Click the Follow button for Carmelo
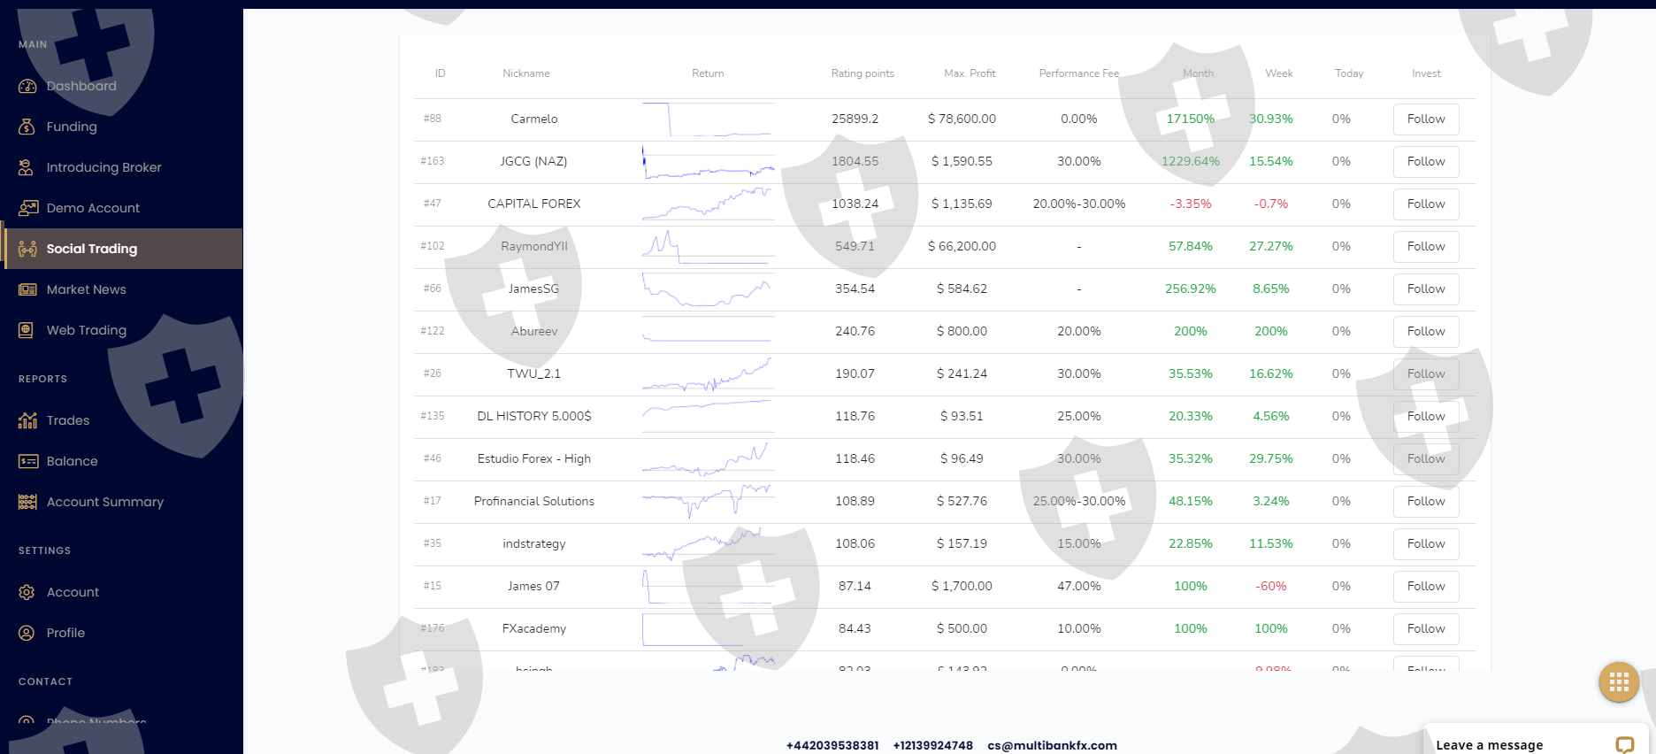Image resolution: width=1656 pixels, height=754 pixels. [x=1425, y=119]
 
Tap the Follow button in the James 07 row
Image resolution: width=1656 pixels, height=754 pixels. [x=1425, y=587]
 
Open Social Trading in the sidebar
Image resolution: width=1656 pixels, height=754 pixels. [x=91, y=249]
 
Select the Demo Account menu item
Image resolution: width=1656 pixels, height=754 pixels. [x=93, y=208]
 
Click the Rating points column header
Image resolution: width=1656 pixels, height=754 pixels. [x=862, y=73]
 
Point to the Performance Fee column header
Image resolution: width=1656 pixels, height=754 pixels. [x=1078, y=73]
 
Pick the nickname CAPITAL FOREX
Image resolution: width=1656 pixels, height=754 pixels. [x=533, y=204]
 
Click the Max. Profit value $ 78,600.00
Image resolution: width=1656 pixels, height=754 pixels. [x=961, y=119]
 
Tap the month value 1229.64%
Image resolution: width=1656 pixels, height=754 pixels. [x=1190, y=161]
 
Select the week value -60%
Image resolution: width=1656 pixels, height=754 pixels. [x=1270, y=586]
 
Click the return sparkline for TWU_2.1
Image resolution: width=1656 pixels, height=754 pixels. [x=707, y=374]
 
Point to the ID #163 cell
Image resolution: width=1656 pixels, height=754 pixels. [x=433, y=161]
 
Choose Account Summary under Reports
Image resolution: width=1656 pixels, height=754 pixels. [x=104, y=502]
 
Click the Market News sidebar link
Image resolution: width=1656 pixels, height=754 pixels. [x=86, y=289]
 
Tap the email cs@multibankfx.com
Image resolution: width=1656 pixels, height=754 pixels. [x=1052, y=745]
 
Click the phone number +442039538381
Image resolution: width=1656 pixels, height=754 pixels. [x=832, y=745]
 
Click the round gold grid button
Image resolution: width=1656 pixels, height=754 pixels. [x=1618, y=681]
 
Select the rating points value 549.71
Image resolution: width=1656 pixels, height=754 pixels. [x=855, y=246]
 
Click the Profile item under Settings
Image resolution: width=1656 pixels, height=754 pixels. [x=65, y=633]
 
